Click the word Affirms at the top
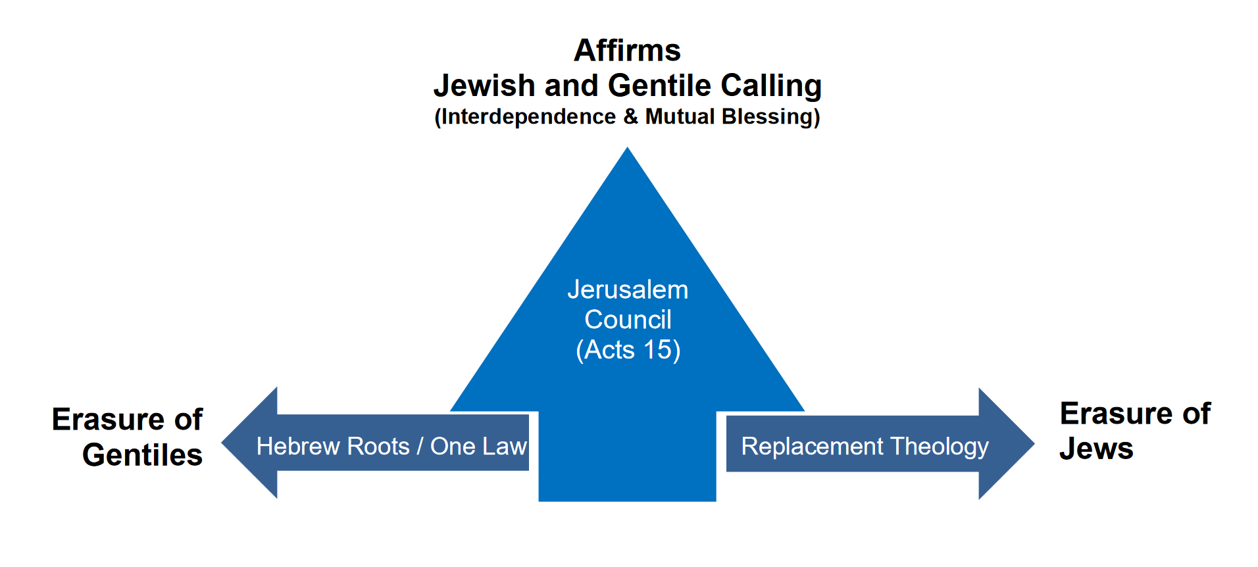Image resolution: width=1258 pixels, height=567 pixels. pos(627,51)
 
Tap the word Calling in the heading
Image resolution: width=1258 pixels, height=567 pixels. pos(770,86)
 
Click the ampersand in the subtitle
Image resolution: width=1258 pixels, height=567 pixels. pos(630,116)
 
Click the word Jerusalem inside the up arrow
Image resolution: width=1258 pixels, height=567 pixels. pos(628,289)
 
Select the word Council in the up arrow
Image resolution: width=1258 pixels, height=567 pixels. pos(628,320)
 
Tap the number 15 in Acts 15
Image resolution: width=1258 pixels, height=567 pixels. pos(657,350)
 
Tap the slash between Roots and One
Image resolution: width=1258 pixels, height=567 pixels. pos(420,447)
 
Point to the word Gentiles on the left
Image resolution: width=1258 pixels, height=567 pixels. pos(142,455)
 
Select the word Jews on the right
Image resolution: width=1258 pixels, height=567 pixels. pos(1096,449)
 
